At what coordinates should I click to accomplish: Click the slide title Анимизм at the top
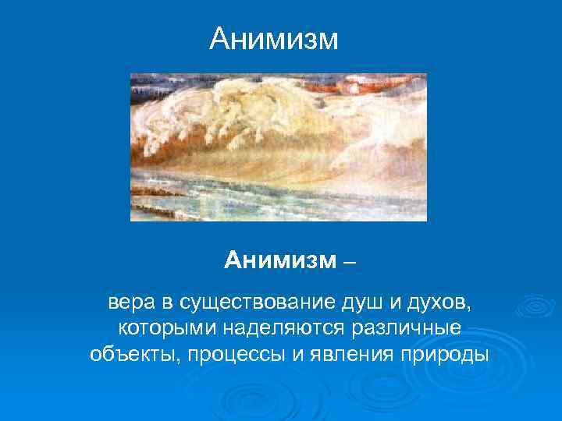point(274,38)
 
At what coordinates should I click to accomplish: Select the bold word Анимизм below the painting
point(278,260)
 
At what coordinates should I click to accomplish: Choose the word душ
point(363,302)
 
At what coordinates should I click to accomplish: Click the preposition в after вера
point(167,302)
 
